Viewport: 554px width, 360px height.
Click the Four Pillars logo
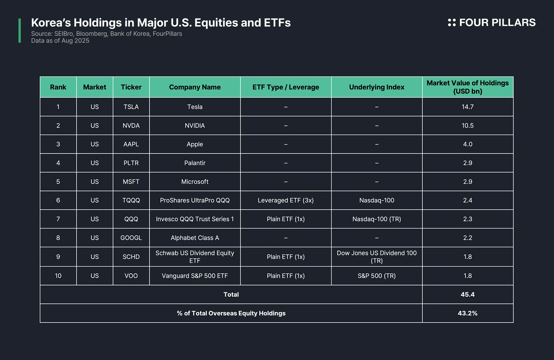491,22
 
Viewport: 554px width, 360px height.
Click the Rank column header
58,87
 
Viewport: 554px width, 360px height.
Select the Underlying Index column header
377,87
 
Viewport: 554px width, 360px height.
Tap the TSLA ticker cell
131,107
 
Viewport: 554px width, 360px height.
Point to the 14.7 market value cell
467,107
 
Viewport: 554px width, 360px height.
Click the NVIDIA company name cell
195,125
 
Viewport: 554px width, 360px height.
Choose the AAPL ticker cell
131,144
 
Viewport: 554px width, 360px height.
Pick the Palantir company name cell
195,163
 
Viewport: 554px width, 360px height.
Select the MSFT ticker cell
131,182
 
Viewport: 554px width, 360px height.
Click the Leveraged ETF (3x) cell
286,200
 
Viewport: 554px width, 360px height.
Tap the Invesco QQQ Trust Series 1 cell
195,219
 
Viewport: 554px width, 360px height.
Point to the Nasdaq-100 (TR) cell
377,219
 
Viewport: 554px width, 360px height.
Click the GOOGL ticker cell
131,238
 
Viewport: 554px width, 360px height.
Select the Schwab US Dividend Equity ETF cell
195,257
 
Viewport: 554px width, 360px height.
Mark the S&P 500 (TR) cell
377,276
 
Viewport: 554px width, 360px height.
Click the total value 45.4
467,295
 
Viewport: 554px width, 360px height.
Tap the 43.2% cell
467,313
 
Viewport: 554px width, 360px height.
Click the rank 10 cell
58,276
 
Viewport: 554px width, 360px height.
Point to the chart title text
161,22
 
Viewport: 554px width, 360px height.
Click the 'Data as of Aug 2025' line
60,41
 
